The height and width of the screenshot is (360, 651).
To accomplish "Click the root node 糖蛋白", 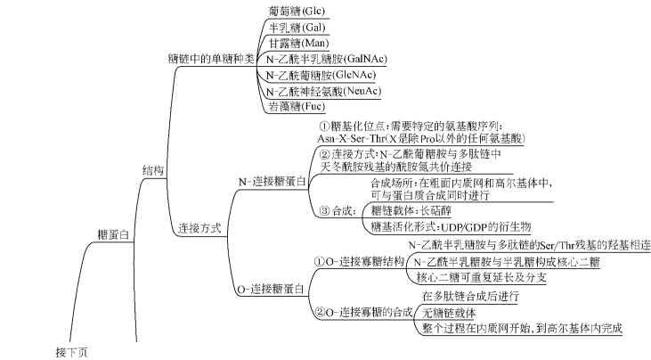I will click(113, 233).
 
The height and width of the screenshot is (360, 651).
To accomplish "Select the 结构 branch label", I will click(153, 169).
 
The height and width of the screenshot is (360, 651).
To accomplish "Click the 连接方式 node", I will click(199, 227).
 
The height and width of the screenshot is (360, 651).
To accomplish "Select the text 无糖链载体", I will click(450, 312).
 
